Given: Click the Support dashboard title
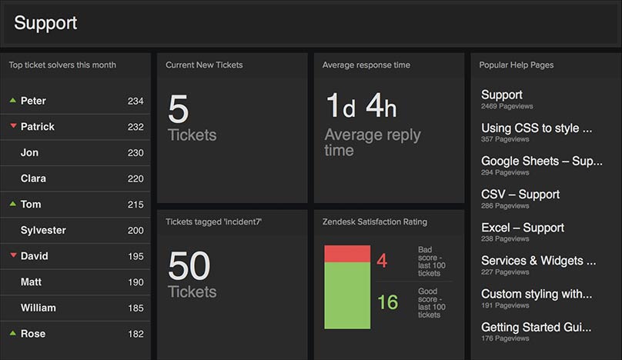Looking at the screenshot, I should point(45,23).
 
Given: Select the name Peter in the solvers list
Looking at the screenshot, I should point(33,101).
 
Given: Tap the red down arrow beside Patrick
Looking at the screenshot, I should point(12,126).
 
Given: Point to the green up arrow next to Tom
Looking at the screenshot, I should point(12,204).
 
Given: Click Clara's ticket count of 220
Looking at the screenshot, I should point(135,178).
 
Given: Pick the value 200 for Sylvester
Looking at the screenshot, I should point(135,230).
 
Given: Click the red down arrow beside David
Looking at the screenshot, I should point(12,255).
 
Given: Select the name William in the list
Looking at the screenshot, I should point(38,308).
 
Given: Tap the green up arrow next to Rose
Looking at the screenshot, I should point(12,333).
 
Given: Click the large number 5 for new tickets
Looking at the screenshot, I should point(178,110).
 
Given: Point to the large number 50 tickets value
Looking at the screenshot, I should point(189,266).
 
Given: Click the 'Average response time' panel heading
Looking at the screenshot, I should point(366,65).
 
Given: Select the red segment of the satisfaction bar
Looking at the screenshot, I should point(347,254).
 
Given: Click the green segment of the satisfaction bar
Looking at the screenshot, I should point(347,296).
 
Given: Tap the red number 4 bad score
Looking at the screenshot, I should point(382,261).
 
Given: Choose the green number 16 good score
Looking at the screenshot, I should point(387,302).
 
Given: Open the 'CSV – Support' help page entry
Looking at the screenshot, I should point(520,195).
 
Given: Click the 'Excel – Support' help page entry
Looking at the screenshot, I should point(522,228).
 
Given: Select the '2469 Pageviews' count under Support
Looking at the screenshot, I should point(507,106).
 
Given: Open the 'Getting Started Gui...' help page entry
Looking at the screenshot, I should point(537,327).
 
